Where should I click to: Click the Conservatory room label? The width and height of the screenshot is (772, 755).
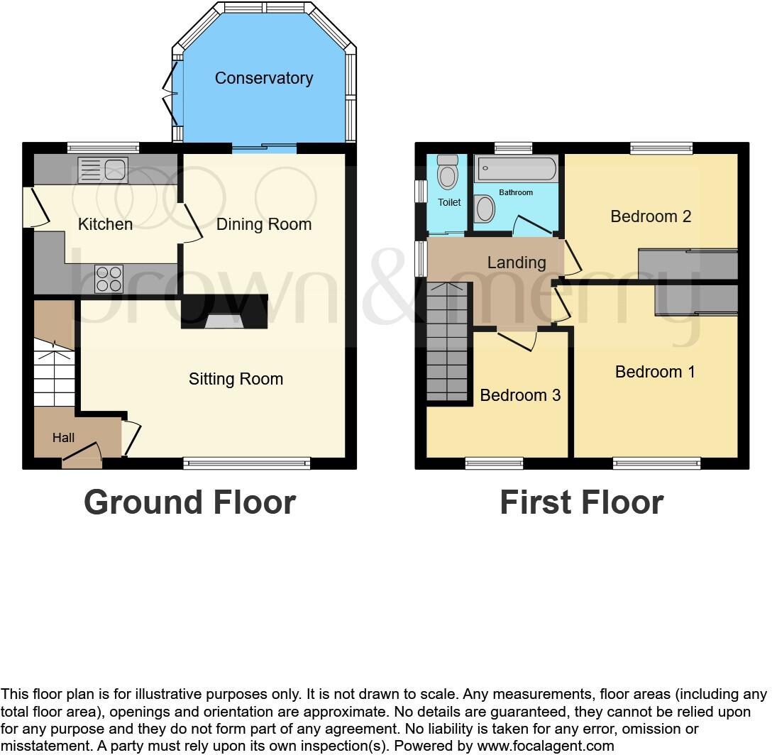263,78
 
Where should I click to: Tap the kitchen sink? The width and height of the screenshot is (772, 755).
104,170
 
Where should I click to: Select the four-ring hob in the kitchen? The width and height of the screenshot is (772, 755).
109,278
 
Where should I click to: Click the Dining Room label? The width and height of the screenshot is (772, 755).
263,225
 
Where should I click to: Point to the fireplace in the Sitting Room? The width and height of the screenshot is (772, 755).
224,321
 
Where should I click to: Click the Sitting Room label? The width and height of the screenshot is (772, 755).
236,379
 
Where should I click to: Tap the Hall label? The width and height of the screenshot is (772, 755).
63,438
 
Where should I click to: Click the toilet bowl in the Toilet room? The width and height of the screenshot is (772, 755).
448,174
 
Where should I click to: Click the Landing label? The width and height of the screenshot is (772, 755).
517,263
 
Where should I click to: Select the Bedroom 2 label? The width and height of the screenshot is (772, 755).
651,216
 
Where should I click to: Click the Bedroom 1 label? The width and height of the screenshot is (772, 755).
655,372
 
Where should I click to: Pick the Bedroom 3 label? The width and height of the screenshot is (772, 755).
520,395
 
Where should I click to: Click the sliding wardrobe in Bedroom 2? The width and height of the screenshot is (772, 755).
688,264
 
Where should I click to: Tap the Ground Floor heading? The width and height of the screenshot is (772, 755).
189,502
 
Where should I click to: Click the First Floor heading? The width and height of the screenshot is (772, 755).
581,502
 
